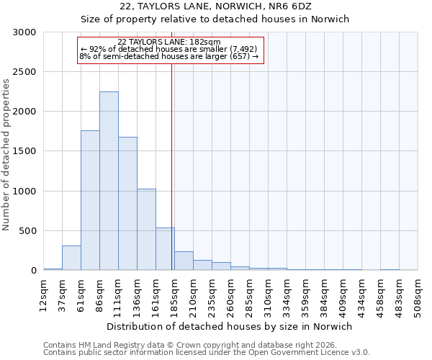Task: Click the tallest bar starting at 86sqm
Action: pos(109,181)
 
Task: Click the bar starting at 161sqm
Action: pos(165,249)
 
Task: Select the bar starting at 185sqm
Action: pos(184,261)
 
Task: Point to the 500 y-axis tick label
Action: pos(30,231)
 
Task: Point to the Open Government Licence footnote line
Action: pos(207,353)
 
